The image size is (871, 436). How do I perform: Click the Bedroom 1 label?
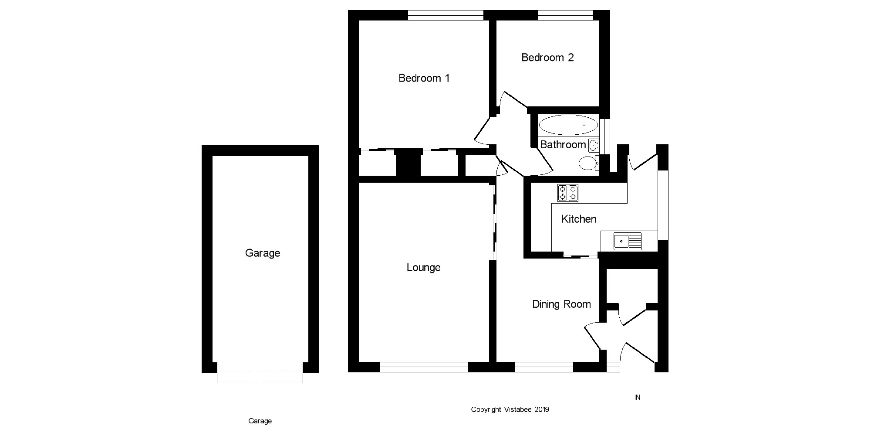(424, 78)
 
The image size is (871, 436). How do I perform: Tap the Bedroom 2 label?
(547, 58)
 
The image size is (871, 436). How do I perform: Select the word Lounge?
(423, 267)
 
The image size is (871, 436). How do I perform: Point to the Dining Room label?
(561, 304)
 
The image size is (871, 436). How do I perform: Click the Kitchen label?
(579, 219)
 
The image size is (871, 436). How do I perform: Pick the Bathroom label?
(563, 144)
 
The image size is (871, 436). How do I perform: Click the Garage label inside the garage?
(262, 253)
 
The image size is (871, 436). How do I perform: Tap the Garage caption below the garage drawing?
(260, 421)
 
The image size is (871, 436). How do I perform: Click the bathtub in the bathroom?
(568, 125)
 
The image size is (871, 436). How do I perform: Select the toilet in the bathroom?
(587, 163)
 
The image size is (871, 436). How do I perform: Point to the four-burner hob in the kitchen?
(568, 193)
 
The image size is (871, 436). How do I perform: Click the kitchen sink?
(628, 241)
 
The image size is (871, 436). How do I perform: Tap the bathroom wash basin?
(594, 145)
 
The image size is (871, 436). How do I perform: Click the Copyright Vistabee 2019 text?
(510, 409)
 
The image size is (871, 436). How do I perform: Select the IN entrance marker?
(637, 397)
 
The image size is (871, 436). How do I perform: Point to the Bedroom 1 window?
(446, 15)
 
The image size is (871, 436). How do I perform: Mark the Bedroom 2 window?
(565, 15)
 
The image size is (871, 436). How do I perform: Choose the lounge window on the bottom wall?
(424, 367)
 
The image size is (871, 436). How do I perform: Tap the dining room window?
(544, 367)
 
